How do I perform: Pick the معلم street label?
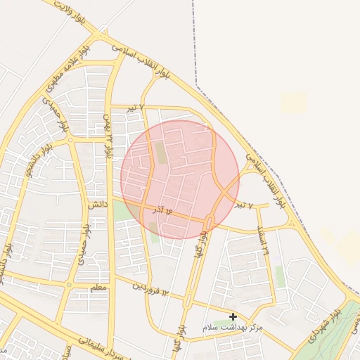point(100,288)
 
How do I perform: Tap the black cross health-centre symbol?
point(233,317)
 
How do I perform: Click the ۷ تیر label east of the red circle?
point(243,205)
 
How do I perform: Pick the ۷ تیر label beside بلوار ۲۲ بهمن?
point(136,107)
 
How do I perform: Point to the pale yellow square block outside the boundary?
point(294,103)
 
